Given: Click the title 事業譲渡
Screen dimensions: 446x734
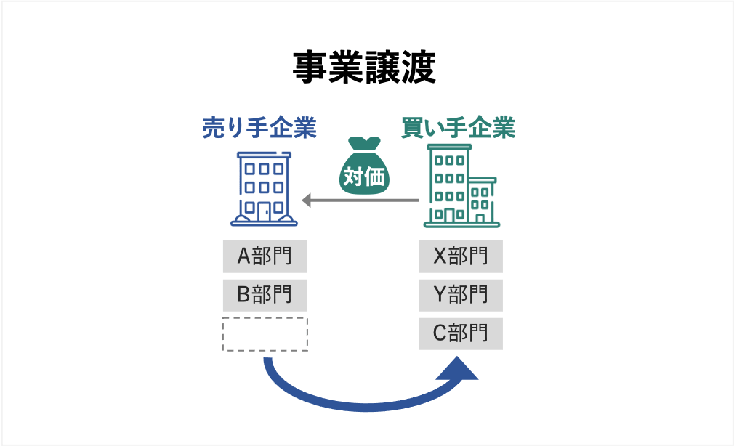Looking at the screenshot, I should tap(364, 68).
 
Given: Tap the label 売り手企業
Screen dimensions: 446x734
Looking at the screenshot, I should tap(259, 129).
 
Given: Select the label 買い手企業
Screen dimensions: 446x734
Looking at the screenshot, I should tap(458, 129).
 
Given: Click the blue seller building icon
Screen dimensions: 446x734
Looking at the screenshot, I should tap(264, 189).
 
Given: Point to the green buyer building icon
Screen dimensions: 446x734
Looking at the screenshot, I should tap(459, 186).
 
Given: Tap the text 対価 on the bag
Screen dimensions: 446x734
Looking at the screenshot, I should tap(364, 177).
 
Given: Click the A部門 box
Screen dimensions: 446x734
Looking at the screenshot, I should tap(265, 256).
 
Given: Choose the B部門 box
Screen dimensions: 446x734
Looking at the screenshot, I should tap(265, 295).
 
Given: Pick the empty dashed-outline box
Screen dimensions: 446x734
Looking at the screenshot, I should tap(265, 334).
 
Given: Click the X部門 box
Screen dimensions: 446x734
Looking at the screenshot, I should tap(461, 256).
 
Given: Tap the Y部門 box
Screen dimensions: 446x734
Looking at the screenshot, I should tap(461, 295).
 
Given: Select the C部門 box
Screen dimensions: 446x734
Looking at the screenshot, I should tap(461, 333).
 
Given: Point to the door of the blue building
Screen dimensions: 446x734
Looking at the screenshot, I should tap(264, 211).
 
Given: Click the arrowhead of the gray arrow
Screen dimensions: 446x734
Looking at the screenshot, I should tap(307, 200).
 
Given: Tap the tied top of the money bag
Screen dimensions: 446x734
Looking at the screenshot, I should tap(364, 144).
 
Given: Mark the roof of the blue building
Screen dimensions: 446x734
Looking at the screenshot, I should tap(264, 155).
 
